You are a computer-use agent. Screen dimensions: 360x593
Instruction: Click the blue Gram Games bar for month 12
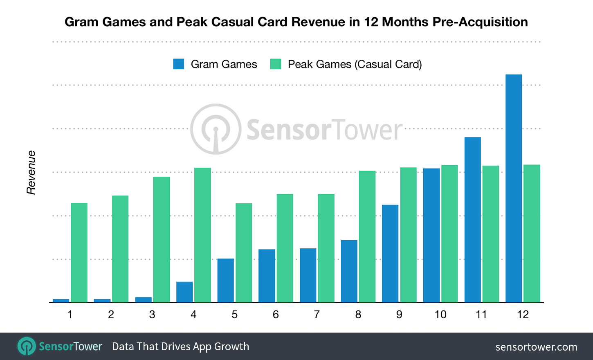pos(514,188)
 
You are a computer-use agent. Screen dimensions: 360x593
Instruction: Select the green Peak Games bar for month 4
pos(202,235)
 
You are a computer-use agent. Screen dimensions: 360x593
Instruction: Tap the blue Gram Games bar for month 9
pos(390,253)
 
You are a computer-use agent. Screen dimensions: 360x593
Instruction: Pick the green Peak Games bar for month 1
pos(79,252)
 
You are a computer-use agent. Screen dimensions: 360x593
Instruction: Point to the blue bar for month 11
pos(473,220)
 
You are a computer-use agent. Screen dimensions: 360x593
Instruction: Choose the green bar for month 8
pos(367,236)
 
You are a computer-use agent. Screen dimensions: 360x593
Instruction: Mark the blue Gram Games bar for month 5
pos(225,280)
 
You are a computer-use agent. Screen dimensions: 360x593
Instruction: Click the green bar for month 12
pos(532,233)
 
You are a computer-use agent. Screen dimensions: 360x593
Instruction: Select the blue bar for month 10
pos(431,235)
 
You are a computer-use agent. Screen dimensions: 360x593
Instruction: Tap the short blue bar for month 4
pos(184,292)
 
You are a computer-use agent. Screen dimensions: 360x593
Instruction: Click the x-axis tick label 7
pos(317,315)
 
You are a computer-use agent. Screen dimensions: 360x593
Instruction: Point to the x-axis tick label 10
pos(440,315)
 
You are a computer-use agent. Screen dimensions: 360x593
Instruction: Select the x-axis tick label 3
pos(152,315)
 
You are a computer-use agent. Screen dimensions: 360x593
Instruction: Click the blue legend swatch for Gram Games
pos(179,64)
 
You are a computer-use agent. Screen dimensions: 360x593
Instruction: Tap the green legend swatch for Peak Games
pos(276,64)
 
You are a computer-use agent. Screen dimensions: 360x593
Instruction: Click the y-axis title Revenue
pos(31,172)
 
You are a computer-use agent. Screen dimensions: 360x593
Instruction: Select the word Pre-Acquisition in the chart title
pos(480,22)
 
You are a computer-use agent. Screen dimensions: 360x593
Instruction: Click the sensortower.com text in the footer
pos(536,347)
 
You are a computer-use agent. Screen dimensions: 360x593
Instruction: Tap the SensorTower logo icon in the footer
pos(27,346)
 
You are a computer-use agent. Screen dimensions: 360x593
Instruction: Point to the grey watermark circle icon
pos(216,129)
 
